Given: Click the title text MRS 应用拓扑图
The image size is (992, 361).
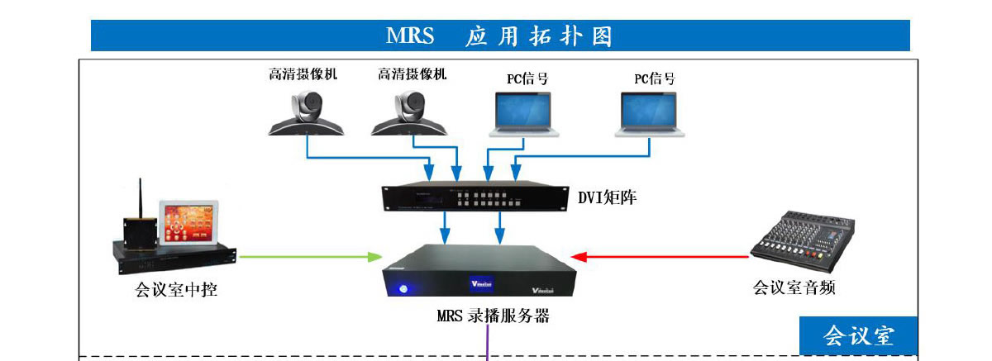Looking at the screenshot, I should click(x=499, y=36).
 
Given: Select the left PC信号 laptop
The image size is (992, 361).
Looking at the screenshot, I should click(x=522, y=113).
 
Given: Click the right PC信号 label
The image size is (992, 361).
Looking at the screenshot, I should click(x=654, y=78).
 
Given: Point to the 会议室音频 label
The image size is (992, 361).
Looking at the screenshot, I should click(x=794, y=287).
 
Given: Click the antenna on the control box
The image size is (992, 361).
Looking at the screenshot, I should click(x=141, y=198).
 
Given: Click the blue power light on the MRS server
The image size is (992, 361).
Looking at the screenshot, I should click(x=403, y=289).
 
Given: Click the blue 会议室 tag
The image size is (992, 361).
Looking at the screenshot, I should click(x=858, y=335).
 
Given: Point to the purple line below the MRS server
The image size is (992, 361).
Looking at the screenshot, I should click(x=489, y=344).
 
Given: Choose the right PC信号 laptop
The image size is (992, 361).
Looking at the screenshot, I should click(x=649, y=113).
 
